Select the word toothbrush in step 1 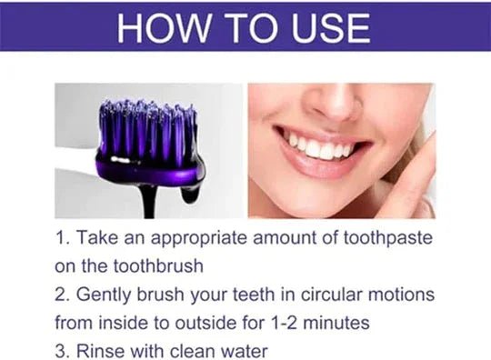[157, 267]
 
